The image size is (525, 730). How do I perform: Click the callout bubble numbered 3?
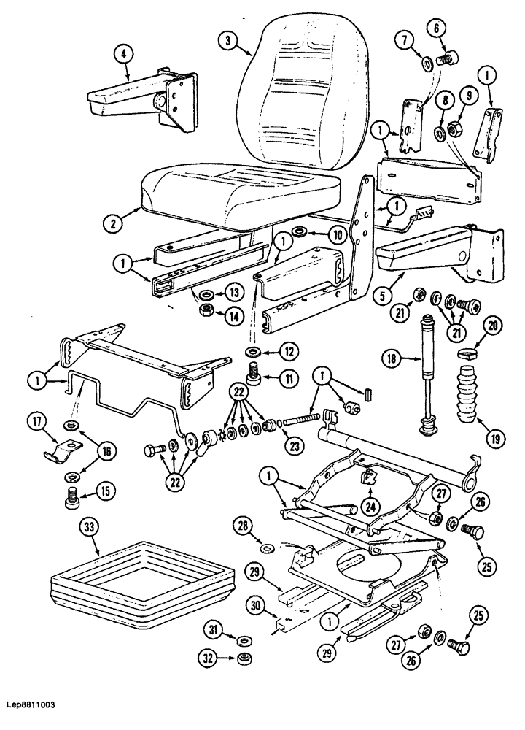(228, 42)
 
